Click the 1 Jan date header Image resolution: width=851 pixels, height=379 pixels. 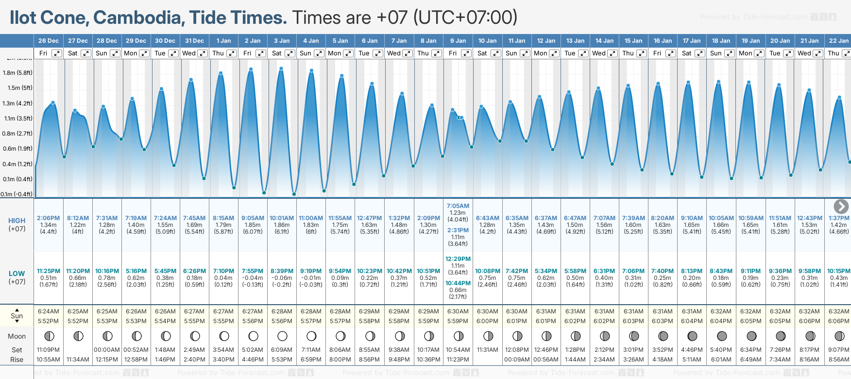click(223, 41)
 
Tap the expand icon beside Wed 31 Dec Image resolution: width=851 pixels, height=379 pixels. click(203, 53)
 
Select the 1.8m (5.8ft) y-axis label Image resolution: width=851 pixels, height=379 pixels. click(17, 73)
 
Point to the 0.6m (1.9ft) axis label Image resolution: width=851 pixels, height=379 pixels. click(17, 149)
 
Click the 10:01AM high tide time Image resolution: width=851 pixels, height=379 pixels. click(282, 218)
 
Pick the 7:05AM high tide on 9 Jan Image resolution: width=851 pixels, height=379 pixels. click(458, 206)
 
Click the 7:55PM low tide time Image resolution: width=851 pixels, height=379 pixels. click(253, 271)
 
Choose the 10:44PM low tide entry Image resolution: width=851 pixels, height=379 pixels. click(458, 283)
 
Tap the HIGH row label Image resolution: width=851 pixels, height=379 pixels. click(17, 221)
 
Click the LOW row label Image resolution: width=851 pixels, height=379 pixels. click(17, 274)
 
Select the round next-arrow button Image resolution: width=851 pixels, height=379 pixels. click(841, 207)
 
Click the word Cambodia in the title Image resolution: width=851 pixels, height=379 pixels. click(137, 17)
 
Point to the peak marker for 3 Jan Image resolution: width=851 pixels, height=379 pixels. click(281, 69)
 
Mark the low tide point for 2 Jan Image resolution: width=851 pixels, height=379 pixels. click(264, 193)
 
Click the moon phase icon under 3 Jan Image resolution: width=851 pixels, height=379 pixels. click(282, 336)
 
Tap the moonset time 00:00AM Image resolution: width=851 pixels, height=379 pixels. click(107, 350)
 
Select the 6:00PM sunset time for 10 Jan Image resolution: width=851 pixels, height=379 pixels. click(487, 321)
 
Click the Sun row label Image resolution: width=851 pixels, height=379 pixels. click(17, 316)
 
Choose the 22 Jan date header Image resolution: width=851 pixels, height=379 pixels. click(839, 41)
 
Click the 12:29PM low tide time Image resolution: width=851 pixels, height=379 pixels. click(458, 259)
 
